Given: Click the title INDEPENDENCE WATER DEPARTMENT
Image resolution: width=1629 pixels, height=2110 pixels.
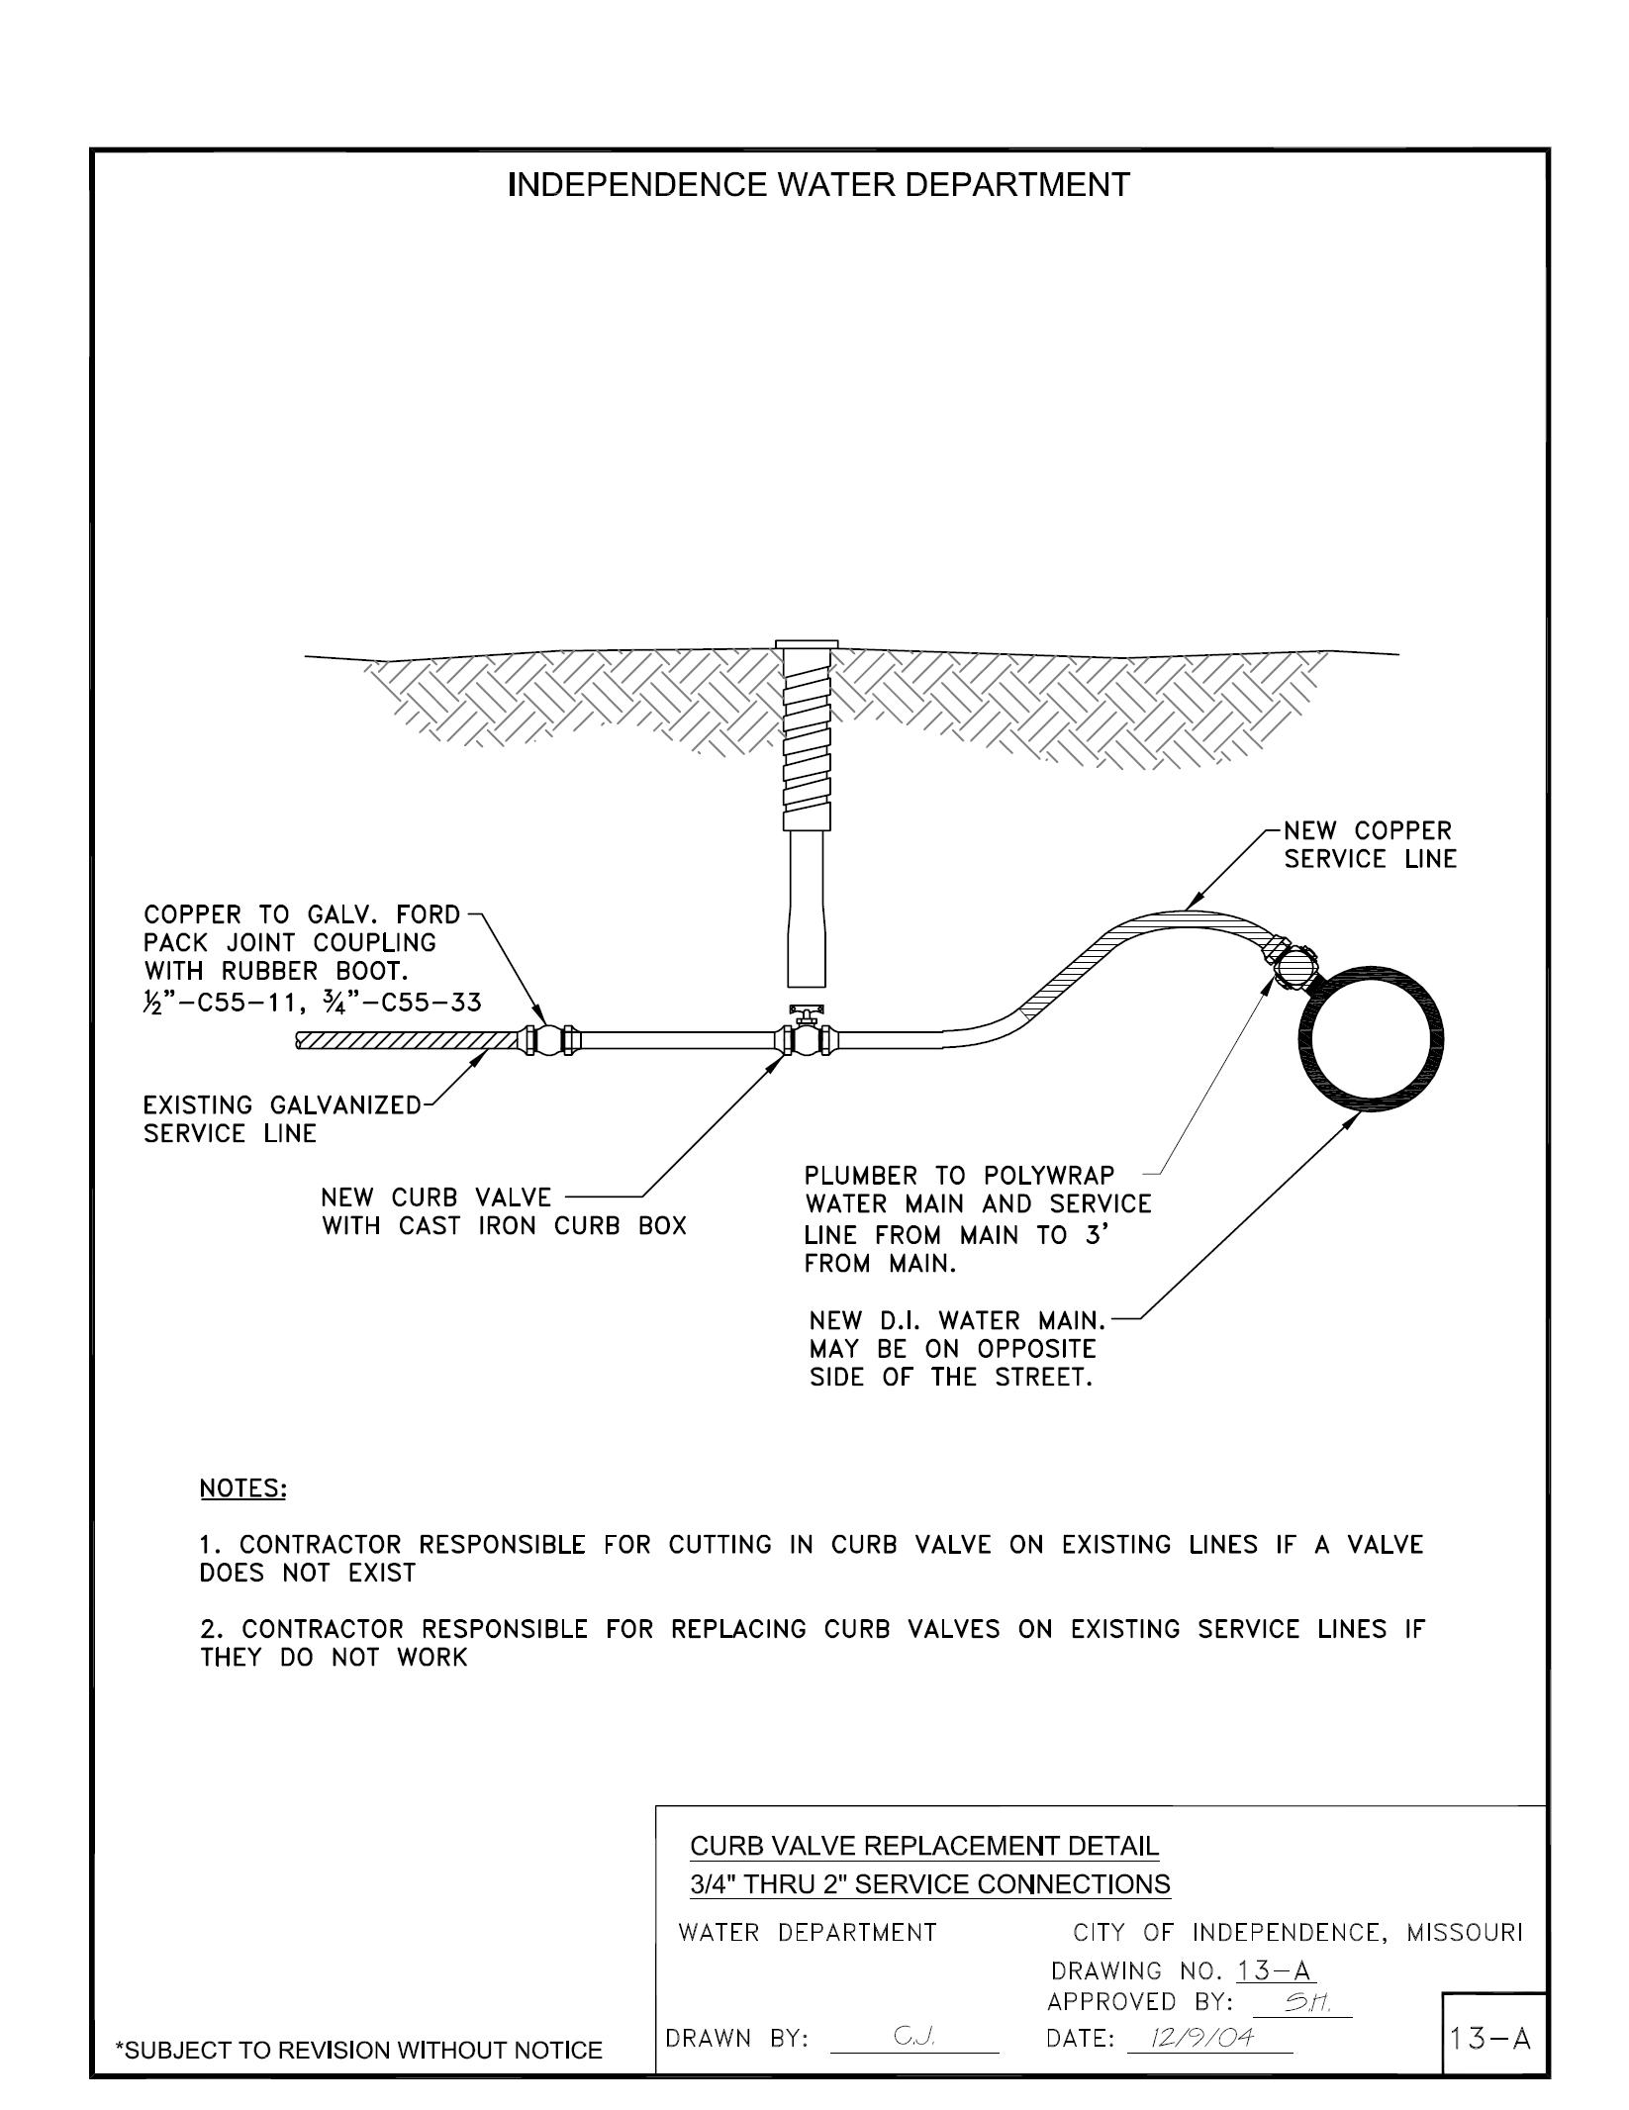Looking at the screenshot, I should pos(817,185).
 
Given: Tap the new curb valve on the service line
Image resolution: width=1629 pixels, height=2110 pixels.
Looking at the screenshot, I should pos(807,1039).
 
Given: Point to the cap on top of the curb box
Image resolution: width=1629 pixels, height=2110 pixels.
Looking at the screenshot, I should pos(807,644).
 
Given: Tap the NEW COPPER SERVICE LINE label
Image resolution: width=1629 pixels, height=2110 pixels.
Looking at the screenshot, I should pos(1370,845).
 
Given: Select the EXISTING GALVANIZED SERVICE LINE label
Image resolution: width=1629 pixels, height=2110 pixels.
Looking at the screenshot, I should pos(282,1119).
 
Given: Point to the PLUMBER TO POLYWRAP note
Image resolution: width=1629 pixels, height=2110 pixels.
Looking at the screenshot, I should pos(976,1219).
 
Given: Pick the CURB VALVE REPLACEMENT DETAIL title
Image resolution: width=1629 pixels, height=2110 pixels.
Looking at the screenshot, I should pos(923,1846).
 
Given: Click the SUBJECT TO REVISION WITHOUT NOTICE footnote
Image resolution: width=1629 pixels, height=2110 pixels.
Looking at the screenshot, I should pos(358,2050).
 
